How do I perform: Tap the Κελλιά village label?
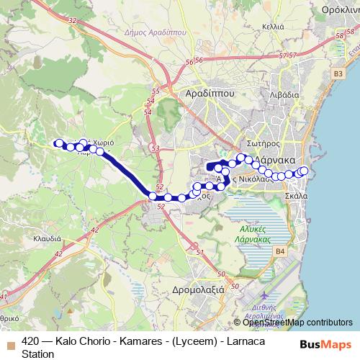point(273,26)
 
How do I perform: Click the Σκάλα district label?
point(297,195)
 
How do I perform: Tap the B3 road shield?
point(338,73)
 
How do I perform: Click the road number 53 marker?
point(156,148)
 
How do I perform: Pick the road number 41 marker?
point(5,295)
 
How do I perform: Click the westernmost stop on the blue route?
point(59,143)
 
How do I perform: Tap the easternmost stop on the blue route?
point(304,171)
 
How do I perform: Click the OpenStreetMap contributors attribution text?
point(292,322)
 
